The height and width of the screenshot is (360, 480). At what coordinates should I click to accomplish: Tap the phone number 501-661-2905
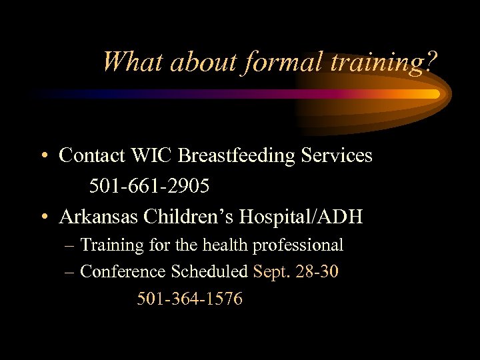pyautogui.click(x=149, y=187)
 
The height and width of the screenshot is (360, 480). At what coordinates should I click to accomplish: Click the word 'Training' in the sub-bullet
pyautogui.click(x=112, y=245)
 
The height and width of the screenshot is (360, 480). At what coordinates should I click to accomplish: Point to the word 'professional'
pyautogui.click(x=297, y=246)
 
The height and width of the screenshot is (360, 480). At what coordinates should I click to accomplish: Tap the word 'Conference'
pyautogui.click(x=123, y=272)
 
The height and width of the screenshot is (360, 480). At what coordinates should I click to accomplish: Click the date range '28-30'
pyautogui.click(x=317, y=272)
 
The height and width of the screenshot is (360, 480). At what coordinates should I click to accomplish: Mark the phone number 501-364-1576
pyautogui.click(x=190, y=299)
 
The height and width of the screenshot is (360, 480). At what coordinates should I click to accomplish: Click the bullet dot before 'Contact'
pyautogui.click(x=43, y=157)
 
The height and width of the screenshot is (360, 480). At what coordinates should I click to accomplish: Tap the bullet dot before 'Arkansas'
pyautogui.click(x=43, y=218)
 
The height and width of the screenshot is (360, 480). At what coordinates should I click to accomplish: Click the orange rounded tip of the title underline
pyautogui.click(x=435, y=94)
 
